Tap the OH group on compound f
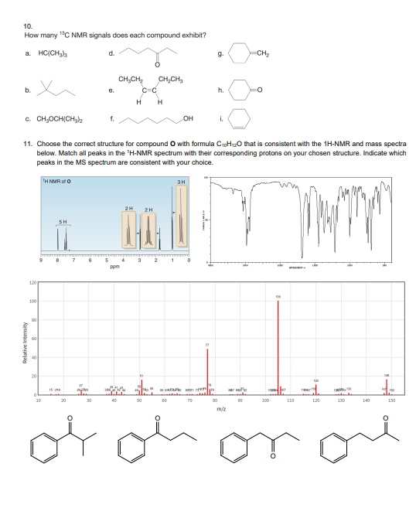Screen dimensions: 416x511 click(x=183, y=119)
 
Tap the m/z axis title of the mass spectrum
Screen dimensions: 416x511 click(x=220, y=411)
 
